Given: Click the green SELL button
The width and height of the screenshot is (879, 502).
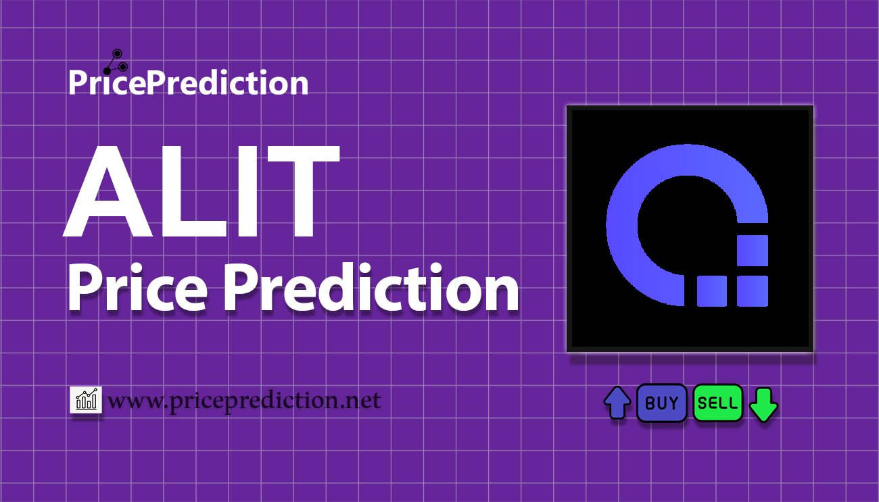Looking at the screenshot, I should [717, 403].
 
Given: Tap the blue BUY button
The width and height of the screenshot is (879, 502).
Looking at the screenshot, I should [662, 403].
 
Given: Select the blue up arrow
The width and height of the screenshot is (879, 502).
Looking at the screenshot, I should [617, 403].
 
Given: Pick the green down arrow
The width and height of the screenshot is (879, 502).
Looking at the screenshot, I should [764, 405].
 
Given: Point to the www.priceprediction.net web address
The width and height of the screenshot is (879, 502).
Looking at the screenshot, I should [244, 401].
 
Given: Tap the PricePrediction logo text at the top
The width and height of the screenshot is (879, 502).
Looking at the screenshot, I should [188, 83].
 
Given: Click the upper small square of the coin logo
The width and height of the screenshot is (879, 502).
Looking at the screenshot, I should [751, 251].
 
